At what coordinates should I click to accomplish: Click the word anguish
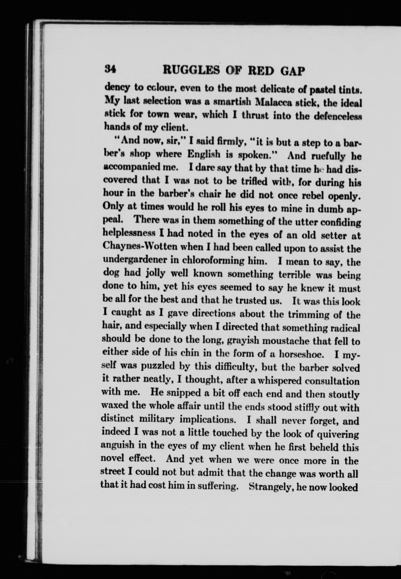point(117,445)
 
